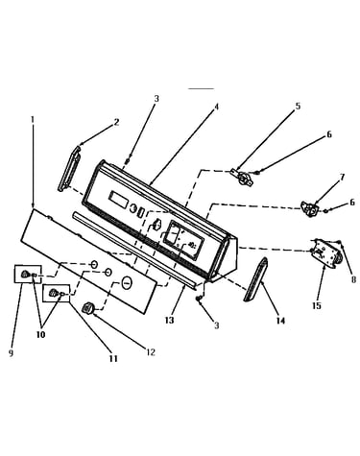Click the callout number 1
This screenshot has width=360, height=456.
[x=32, y=120]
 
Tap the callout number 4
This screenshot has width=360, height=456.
[x=216, y=107]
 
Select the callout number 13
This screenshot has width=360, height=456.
[x=169, y=320]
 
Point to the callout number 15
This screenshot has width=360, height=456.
[x=316, y=305]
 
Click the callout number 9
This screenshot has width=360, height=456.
[x=11, y=353]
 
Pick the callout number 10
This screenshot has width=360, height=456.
[x=40, y=334]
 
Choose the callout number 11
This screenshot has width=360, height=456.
[x=113, y=358]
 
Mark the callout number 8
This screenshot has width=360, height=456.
[x=353, y=279]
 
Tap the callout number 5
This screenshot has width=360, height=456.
[x=298, y=106]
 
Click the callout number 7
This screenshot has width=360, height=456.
[x=342, y=177]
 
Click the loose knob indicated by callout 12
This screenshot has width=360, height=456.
[x=87, y=308]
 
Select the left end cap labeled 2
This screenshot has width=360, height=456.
[x=69, y=168]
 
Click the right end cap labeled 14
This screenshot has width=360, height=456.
[x=255, y=279]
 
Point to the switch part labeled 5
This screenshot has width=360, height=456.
[x=243, y=178]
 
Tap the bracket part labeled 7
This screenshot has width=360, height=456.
[x=309, y=209]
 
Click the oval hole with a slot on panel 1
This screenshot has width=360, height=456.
[x=127, y=283]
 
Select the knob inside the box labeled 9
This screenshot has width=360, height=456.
[x=25, y=275]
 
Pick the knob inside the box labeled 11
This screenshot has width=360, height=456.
[x=53, y=293]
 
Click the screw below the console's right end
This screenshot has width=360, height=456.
[x=200, y=299]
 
